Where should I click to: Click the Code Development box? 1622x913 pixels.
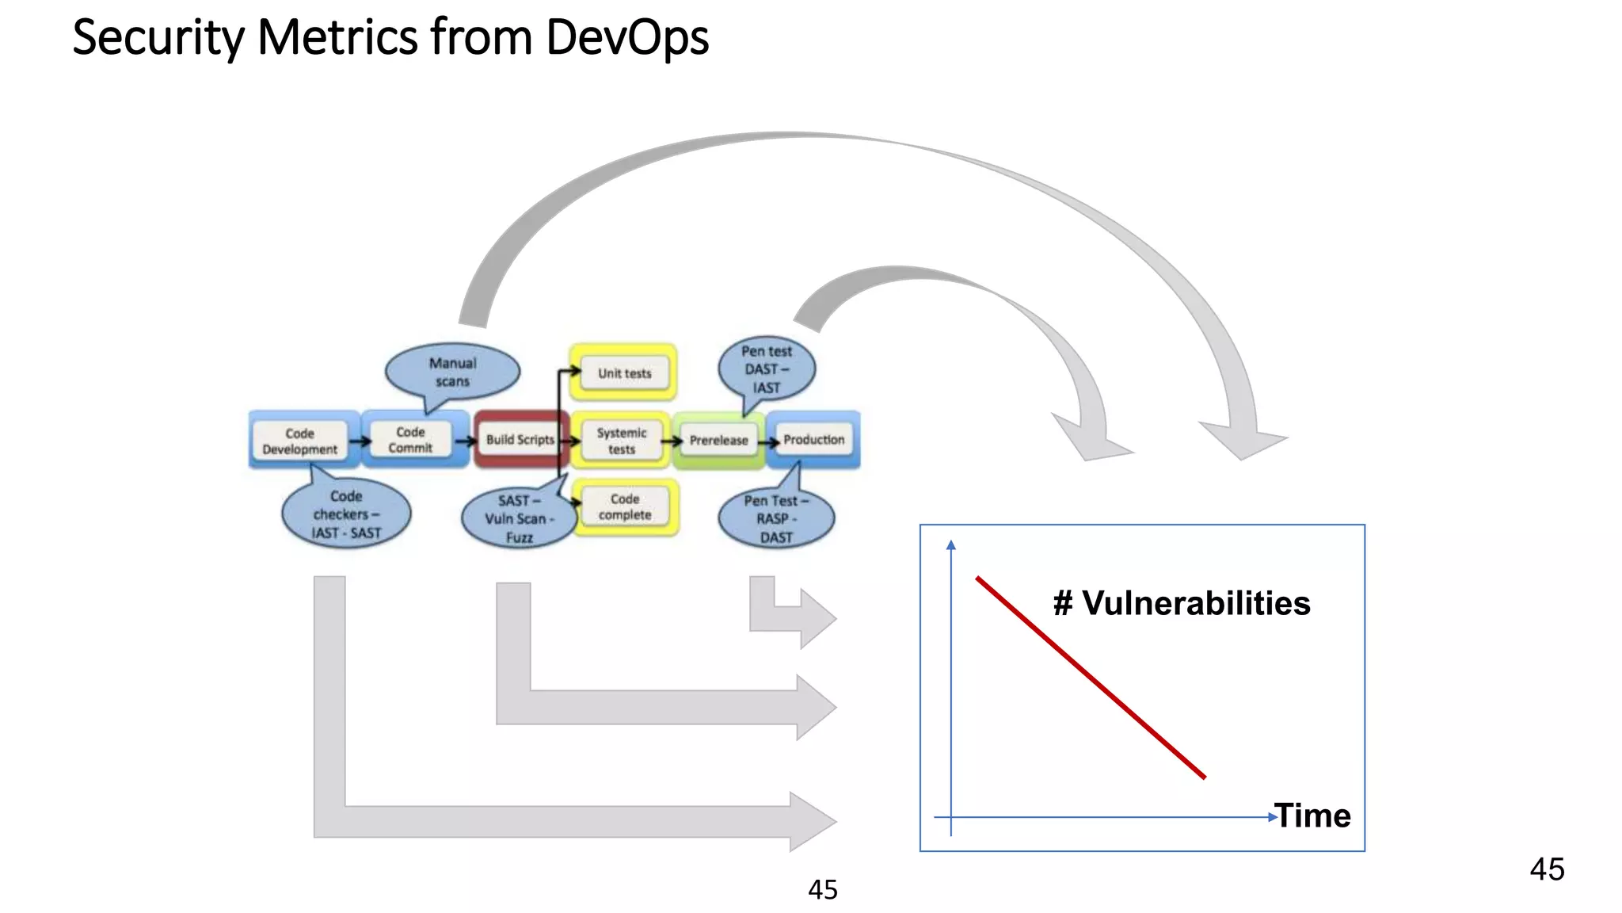[x=299, y=441]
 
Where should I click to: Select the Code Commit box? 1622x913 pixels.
[x=410, y=440]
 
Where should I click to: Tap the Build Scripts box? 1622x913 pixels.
[x=520, y=440]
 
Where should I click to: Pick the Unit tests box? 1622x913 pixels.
[x=624, y=372]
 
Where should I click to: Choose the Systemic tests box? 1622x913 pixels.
[x=622, y=441]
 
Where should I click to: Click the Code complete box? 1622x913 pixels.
[x=625, y=507]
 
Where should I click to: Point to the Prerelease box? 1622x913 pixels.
[x=718, y=441]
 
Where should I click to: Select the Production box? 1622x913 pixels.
[x=813, y=440]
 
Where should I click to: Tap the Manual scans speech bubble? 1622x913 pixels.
[x=452, y=372]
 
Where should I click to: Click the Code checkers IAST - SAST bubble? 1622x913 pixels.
[x=346, y=514]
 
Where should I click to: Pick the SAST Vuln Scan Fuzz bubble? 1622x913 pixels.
[x=519, y=519]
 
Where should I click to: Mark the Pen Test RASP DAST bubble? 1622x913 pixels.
[x=775, y=519]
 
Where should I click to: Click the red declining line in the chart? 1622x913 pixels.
[x=1091, y=678]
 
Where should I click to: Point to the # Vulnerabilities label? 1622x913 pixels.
[x=1182, y=603]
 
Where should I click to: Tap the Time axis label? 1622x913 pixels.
[x=1313, y=816]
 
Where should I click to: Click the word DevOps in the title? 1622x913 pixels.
[x=627, y=37]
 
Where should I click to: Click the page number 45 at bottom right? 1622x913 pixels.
[x=1547, y=869]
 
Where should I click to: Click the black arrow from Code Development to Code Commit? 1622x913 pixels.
[x=360, y=441]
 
